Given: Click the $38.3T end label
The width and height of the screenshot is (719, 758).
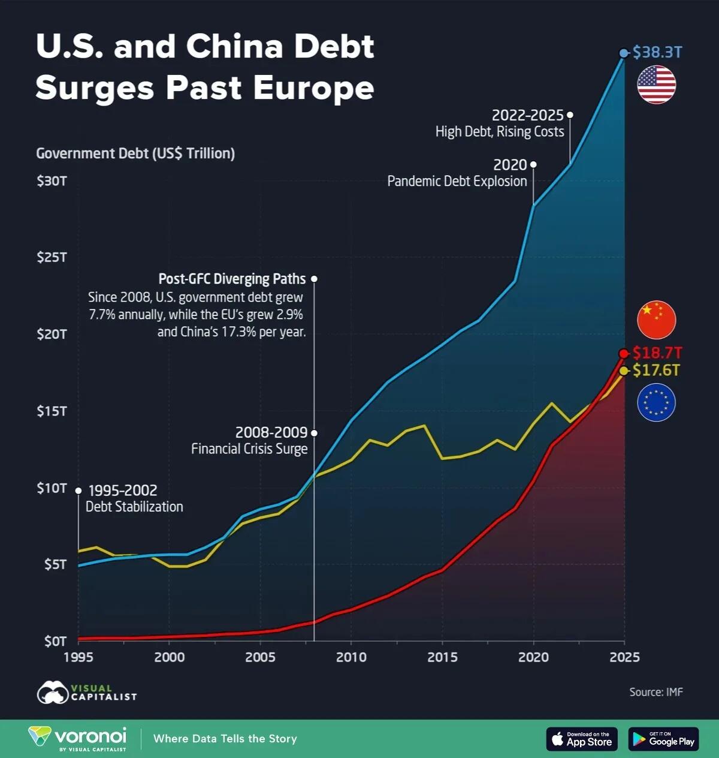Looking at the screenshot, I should [657, 52].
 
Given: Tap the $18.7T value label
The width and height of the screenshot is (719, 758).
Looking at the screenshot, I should [657, 353].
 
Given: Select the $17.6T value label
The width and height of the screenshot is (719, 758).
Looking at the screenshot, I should [656, 371].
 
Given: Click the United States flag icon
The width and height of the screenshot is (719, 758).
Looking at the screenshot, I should [656, 85].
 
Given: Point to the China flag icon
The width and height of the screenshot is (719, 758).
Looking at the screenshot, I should [656, 320].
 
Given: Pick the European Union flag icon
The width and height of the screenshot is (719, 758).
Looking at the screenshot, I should [656, 402].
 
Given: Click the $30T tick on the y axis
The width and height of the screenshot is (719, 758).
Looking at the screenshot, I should [52, 181].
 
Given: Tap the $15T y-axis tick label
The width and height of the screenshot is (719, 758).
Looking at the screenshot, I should [52, 411].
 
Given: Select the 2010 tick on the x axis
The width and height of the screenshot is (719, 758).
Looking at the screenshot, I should [351, 657].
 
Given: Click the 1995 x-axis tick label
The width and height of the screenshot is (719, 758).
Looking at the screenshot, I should [78, 657].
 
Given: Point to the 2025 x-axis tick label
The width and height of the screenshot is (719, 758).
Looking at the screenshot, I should [624, 657].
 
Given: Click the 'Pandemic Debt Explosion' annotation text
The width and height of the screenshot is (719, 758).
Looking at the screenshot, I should [457, 181].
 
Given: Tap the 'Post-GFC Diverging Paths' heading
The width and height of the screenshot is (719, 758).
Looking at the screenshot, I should [232, 279].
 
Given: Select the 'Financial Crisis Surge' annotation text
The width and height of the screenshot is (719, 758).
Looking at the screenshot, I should [249, 449].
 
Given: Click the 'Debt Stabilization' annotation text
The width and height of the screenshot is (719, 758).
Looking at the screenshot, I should [134, 507].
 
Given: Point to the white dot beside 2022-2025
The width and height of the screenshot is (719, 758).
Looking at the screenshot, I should [570, 115].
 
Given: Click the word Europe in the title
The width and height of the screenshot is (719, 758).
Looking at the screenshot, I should [313, 88].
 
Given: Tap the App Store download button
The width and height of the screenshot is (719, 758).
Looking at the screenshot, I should [581, 739].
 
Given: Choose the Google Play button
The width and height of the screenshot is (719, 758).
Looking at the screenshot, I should [663, 739].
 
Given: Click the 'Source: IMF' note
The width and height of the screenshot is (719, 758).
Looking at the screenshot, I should [655, 692].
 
